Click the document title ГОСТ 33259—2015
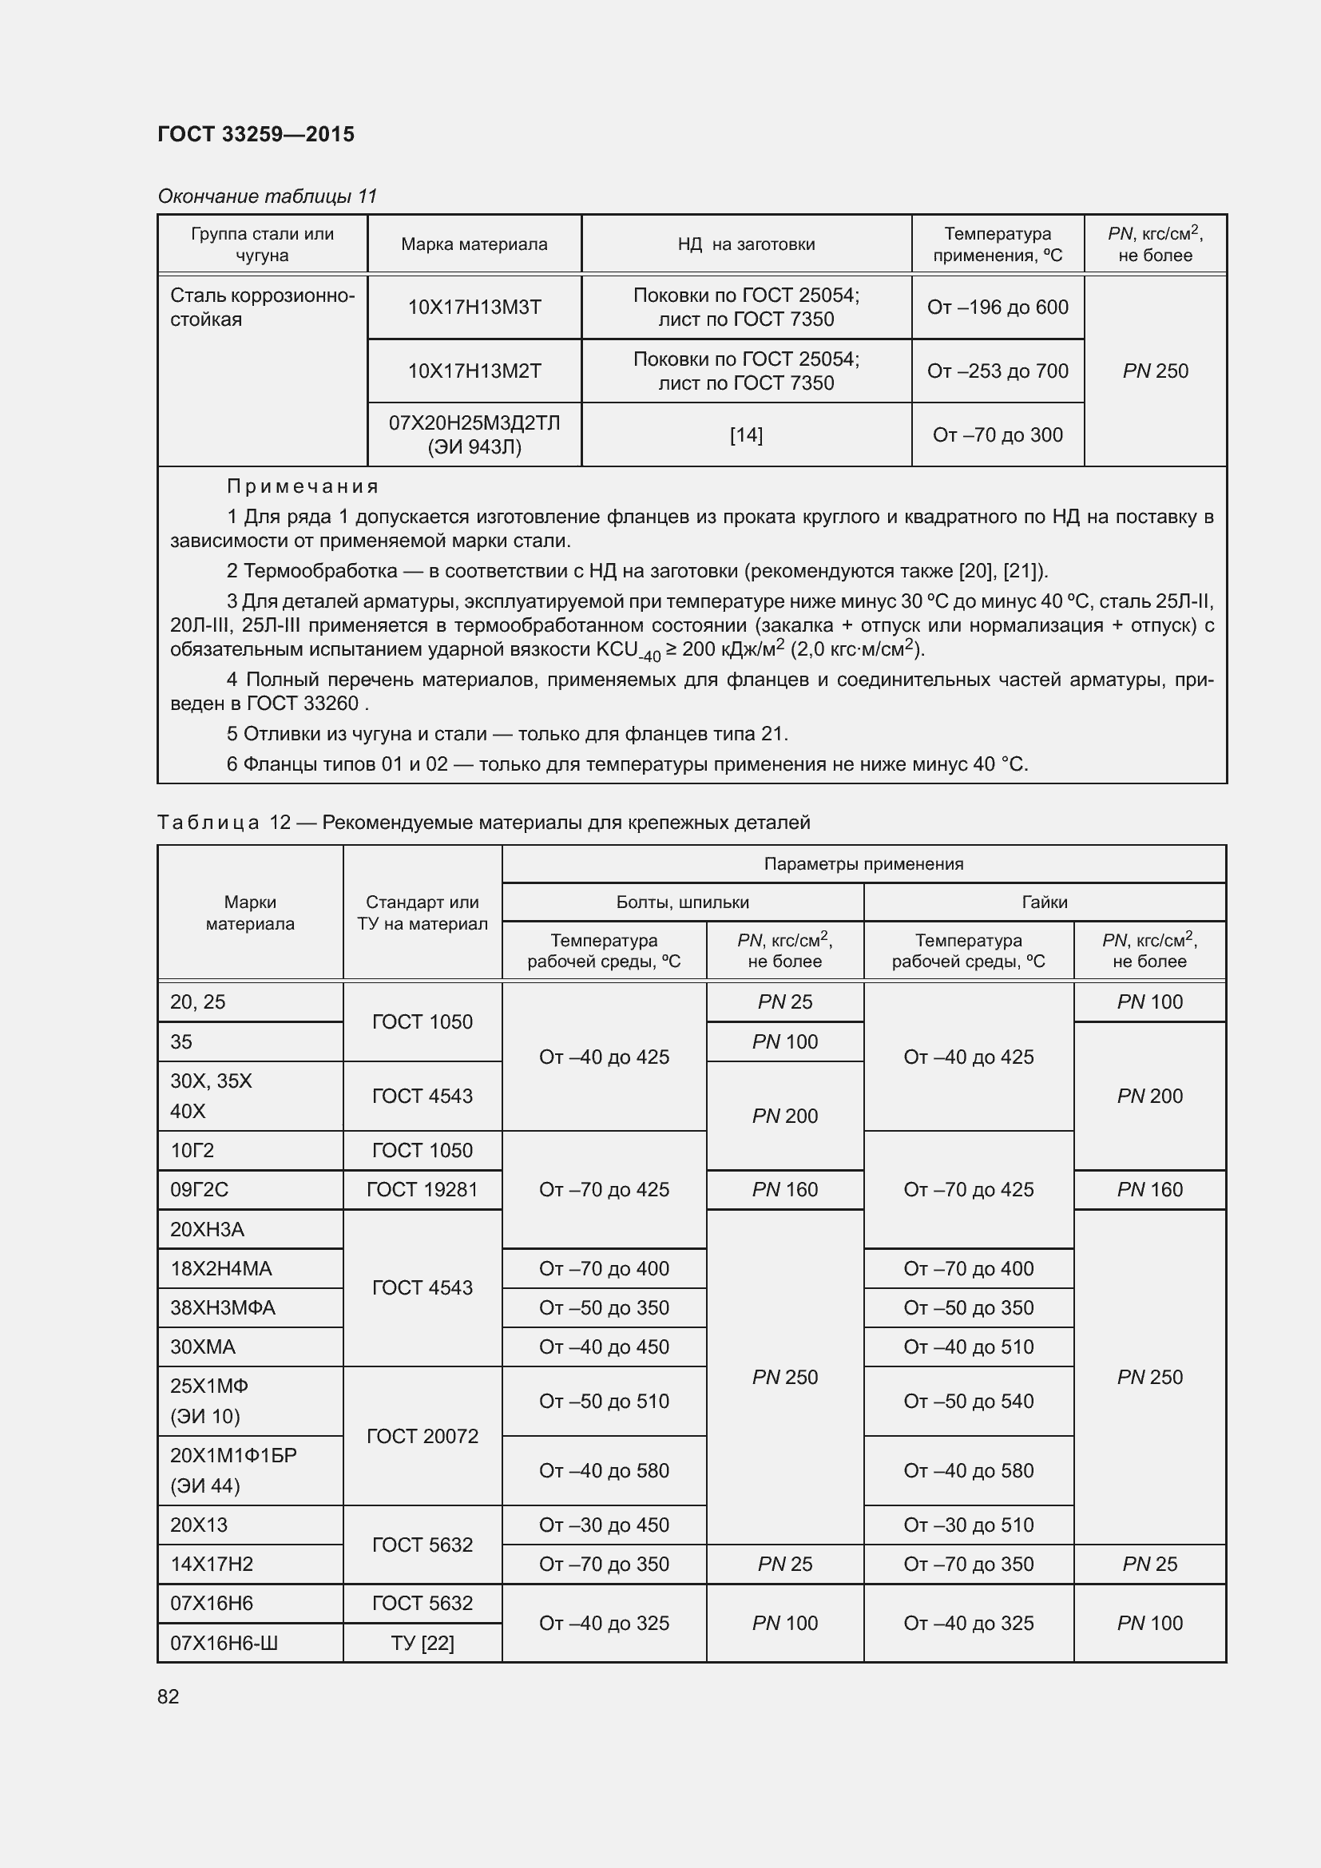(256, 134)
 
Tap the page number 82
(169, 1696)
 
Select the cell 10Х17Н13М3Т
(474, 307)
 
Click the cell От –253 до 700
(998, 371)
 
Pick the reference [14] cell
(746, 435)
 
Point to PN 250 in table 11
(1155, 371)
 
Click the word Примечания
(303, 486)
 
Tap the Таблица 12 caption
(483, 823)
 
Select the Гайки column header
(1045, 902)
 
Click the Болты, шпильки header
(682, 902)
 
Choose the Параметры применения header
(863, 864)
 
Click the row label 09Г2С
(200, 1189)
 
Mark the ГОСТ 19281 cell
(422, 1189)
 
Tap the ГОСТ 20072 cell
(422, 1436)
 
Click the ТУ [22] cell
(422, 1643)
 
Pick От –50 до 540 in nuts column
(968, 1401)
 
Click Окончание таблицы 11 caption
(267, 196)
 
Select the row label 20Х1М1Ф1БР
(233, 1454)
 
